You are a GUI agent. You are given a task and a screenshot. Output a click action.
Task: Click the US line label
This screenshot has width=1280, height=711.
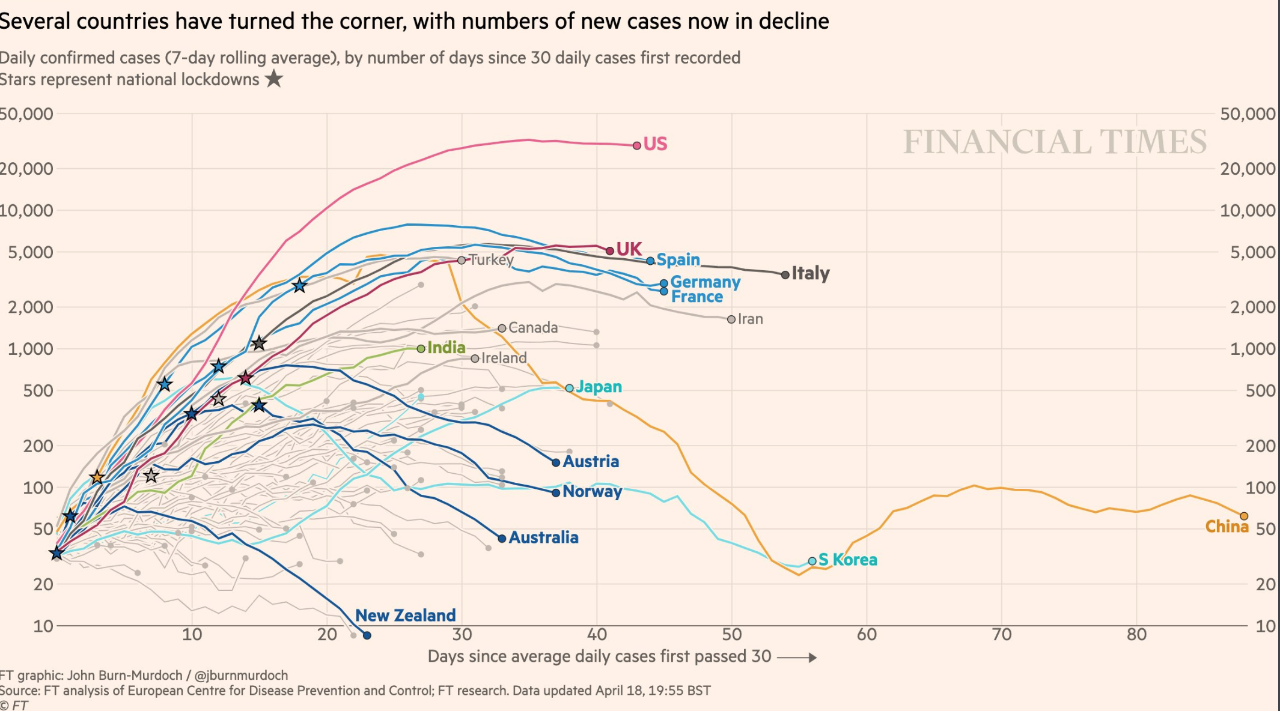[655, 144]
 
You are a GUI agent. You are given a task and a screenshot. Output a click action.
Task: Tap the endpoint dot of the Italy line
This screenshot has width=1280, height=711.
[785, 274]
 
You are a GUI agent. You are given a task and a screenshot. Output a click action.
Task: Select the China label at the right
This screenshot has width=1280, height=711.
[1227, 527]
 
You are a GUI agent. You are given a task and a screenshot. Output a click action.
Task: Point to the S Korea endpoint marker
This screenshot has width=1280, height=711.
[812, 561]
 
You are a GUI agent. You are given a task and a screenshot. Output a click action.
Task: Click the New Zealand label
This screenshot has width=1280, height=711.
[406, 616]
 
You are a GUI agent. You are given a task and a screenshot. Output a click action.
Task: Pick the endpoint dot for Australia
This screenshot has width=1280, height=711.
[502, 539]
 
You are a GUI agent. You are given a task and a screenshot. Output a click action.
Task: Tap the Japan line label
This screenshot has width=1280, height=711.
[599, 387]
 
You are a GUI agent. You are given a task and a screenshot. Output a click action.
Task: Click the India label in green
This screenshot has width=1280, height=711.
[446, 348]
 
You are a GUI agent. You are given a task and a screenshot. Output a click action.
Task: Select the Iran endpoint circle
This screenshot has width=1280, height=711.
[731, 319]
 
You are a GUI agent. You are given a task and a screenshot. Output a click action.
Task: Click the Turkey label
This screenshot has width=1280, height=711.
[491, 259]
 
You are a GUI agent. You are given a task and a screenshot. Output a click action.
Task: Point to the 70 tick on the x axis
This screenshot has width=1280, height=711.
[1002, 635]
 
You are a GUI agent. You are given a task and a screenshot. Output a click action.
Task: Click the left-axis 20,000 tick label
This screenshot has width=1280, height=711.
[26, 169]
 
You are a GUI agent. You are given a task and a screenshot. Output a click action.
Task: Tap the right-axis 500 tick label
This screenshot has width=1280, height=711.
[1260, 391]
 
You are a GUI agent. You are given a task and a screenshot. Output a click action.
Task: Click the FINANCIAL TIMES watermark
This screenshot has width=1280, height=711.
[1055, 142]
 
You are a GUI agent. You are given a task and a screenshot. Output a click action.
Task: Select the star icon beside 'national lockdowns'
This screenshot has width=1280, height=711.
[274, 79]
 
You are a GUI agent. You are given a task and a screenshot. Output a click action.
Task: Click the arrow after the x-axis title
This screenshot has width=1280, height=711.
[797, 658]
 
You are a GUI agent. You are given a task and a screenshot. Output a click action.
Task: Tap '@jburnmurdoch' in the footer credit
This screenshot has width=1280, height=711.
[241, 676]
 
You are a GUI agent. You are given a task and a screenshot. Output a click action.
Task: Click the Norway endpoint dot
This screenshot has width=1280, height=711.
[556, 492]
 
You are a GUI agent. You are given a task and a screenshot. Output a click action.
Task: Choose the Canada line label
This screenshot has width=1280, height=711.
[533, 328]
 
